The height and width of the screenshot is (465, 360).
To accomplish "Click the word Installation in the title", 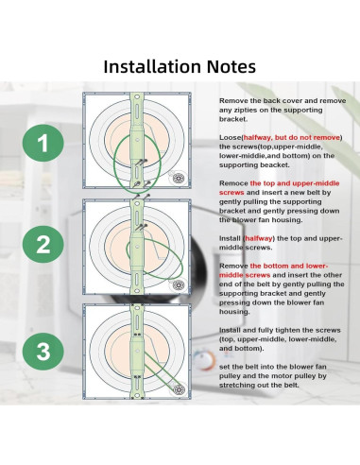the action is pos(152,66).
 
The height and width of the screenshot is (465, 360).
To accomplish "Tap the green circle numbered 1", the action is pos(43,143).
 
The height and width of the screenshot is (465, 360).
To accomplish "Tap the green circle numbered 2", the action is pos(43,244).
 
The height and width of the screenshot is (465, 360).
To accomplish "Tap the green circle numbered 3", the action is pos(43,352).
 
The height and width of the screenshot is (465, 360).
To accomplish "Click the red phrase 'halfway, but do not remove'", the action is pos(292,137).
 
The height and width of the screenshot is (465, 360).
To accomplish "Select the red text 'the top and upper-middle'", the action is pos(295,183).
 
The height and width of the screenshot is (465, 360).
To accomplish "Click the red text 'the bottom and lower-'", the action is pos(289,266).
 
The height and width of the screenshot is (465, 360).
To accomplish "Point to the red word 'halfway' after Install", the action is pos(259,238).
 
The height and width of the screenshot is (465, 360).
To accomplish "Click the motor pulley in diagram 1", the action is pos(179,178).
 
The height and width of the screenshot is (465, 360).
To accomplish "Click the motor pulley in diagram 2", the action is pos(179,284).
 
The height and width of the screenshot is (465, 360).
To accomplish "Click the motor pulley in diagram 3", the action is pos(179,389).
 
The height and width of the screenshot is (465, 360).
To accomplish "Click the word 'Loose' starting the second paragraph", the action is pos(231,137).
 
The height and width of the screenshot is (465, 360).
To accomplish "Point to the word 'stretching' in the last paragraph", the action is pos(234,385).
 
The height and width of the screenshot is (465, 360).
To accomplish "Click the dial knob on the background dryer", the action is pos(204,360).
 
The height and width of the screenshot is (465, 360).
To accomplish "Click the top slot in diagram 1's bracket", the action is pos(137,111).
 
